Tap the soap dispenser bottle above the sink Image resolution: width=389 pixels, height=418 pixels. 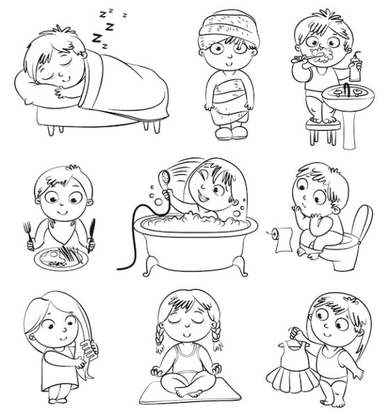(x=355, y=68)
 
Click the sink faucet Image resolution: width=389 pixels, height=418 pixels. (x=346, y=89)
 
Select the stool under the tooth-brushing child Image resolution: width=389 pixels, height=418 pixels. (x=323, y=132)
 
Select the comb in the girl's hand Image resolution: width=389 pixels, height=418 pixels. (x=89, y=351)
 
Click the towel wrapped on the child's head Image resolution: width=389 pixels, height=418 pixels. (x=229, y=28)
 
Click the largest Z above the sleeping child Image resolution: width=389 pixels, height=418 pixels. (x=97, y=38)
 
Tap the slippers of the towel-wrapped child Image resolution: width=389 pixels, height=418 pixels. (x=231, y=133)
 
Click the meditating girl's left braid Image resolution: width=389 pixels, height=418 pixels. (x=160, y=338)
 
